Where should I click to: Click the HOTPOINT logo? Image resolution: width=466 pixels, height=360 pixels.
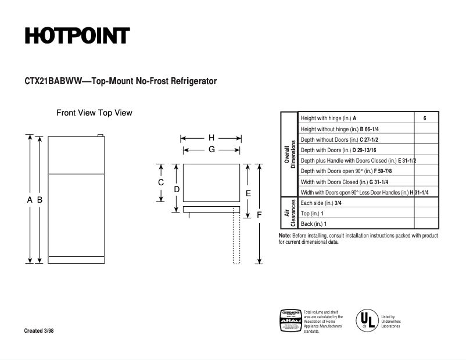click(x=77, y=36)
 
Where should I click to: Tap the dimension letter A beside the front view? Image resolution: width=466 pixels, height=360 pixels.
click(x=30, y=200)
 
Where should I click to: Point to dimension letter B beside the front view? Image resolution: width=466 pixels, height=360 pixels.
click(x=40, y=200)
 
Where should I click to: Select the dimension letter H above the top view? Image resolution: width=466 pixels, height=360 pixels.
click(x=212, y=138)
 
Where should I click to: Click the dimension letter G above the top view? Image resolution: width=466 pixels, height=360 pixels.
click(x=212, y=149)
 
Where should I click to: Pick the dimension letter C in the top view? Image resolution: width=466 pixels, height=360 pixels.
click(x=161, y=182)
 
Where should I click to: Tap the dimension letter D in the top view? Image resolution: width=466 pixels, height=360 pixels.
click(x=177, y=189)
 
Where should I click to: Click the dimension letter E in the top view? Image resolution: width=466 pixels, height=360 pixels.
click(x=248, y=193)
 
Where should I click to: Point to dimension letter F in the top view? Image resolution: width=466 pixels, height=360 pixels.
click(x=259, y=215)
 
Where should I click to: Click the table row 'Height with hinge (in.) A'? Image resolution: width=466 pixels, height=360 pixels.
click(x=328, y=118)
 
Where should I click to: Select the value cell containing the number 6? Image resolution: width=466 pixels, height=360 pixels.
click(x=425, y=118)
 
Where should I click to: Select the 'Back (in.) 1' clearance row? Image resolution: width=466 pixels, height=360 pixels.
click(x=314, y=224)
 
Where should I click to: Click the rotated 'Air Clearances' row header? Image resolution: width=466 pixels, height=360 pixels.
click(x=289, y=213)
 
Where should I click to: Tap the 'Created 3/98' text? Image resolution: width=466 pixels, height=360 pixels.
click(x=41, y=331)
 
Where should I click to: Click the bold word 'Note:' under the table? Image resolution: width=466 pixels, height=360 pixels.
click(x=285, y=236)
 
